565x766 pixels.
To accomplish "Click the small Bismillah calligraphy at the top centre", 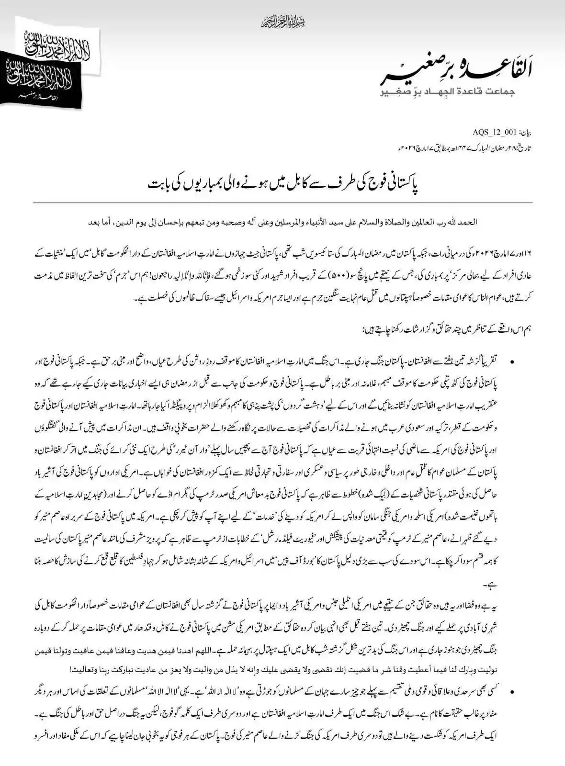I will [282, 21].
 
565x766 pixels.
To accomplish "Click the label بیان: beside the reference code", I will [525, 130].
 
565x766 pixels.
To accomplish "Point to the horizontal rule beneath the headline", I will [282, 203].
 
